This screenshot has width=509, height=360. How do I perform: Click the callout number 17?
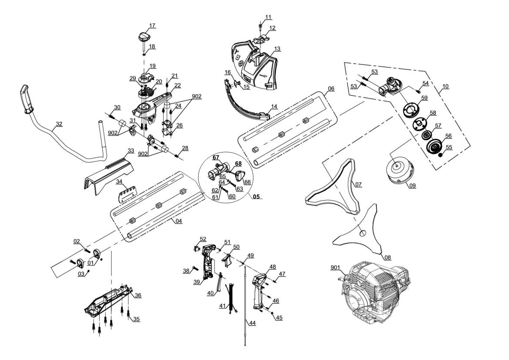[x=152, y=26]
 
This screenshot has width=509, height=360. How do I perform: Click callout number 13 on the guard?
[x=277, y=49]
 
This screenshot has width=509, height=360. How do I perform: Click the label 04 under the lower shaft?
[x=178, y=221]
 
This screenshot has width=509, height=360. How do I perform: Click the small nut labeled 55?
[x=440, y=155]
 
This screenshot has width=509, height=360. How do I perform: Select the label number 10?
[x=445, y=86]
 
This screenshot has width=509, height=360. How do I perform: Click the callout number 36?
[x=138, y=295]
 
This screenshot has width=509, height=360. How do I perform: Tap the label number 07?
[x=358, y=185]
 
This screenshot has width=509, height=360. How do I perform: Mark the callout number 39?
[x=196, y=282]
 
